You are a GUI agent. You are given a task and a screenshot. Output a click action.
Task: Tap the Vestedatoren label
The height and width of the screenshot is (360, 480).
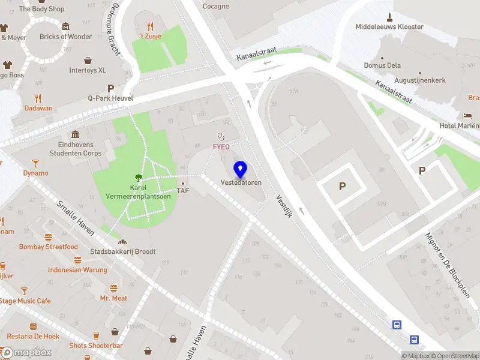[x=241, y=182]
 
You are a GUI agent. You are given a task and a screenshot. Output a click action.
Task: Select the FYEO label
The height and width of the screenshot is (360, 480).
[x=221, y=147]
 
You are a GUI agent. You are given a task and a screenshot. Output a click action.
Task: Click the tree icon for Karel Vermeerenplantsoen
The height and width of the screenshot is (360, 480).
[x=139, y=177]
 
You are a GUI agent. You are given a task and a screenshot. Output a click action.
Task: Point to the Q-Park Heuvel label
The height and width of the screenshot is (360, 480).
[x=110, y=98]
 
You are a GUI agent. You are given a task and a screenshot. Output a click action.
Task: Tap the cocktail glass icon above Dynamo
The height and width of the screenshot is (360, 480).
[x=35, y=163]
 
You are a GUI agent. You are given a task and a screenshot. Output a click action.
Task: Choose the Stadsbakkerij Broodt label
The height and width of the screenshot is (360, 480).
[x=123, y=251]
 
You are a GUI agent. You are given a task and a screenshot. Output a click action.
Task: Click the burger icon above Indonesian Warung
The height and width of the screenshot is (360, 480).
[x=77, y=260]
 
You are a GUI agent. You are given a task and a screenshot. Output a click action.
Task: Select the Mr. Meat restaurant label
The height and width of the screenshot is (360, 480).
[x=113, y=298]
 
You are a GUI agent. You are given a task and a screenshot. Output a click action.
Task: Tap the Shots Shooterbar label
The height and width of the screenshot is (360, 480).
[x=96, y=346]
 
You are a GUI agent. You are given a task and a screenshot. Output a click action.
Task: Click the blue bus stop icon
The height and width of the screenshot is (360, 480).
[x=397, y=325]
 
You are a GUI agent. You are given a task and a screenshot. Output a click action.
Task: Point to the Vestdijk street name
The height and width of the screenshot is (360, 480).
[x=284, y=206]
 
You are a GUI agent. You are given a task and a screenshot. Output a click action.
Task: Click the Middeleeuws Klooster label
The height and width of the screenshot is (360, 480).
[x=389, y=27]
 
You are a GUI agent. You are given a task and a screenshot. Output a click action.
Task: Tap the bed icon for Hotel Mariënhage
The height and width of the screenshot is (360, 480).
[x=467, y=115]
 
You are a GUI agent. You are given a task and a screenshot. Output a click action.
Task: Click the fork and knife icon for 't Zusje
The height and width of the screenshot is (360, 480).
[x=149, y=27]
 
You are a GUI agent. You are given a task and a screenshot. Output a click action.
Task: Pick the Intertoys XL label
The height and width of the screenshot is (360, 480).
[x=88, y=70]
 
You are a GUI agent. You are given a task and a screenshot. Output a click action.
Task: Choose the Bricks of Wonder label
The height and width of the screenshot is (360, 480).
[x=65, y=37]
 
